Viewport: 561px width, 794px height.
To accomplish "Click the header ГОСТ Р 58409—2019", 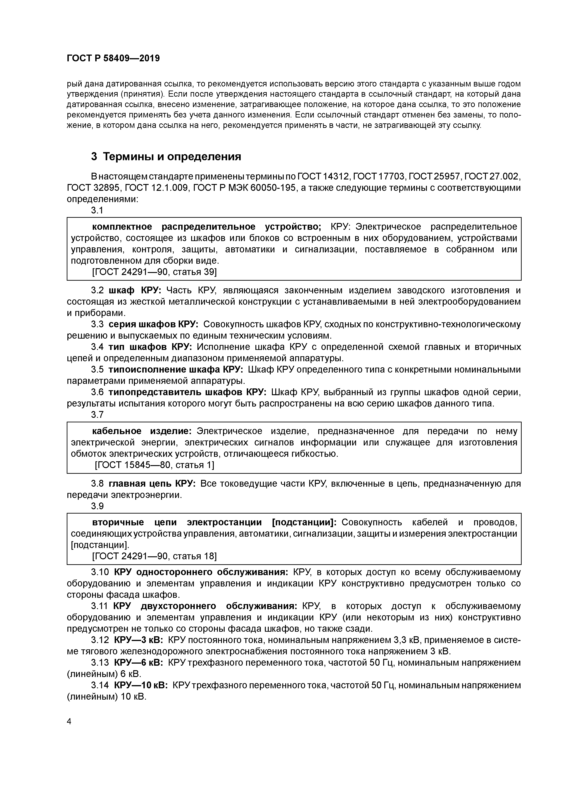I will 113,58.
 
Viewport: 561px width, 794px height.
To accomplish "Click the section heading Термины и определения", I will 166,157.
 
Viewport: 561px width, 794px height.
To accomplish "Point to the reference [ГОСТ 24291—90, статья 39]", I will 154,272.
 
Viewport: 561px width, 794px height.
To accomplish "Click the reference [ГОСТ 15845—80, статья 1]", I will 155,465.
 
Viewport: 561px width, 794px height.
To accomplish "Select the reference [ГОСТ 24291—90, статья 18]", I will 154,556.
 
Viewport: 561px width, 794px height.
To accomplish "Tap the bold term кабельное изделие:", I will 142,431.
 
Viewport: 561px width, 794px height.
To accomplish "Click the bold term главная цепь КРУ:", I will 152,483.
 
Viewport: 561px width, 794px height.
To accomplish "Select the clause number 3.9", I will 97,506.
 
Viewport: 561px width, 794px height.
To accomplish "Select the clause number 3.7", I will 97,415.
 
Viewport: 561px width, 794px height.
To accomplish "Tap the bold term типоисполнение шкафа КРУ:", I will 176,370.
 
